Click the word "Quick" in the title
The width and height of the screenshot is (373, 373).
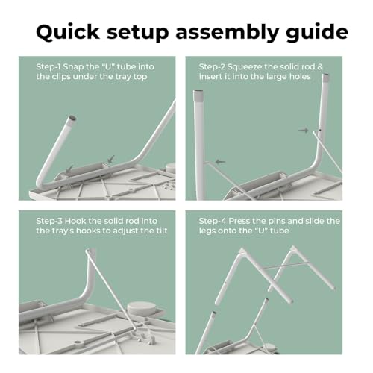point(68,32)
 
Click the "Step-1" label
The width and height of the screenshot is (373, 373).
point(48,67)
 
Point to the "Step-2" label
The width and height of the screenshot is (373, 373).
point(212,67)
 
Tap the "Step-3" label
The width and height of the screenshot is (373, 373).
point(49,221)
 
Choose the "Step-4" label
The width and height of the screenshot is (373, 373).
point(213,221)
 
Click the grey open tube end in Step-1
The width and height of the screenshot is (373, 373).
point(72,118)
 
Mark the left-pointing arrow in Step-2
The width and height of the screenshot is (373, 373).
point(220,162)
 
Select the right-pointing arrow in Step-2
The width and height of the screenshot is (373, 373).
point(304,131)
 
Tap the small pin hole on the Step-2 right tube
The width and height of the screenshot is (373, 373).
point(320,130)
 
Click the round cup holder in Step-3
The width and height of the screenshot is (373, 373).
point(140,308)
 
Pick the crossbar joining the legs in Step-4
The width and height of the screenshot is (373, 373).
point(284,266)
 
